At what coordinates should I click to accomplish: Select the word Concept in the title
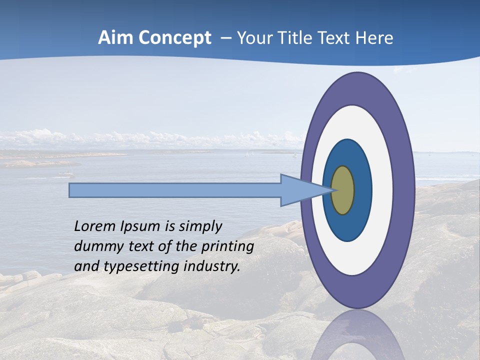[x=174, y=38]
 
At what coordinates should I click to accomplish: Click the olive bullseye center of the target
[x=342, y=190]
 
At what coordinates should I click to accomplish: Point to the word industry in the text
[x=211, y=266]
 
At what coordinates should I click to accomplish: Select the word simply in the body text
[x=200, y=227]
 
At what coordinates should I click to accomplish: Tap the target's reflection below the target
[x=358, y=335]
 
